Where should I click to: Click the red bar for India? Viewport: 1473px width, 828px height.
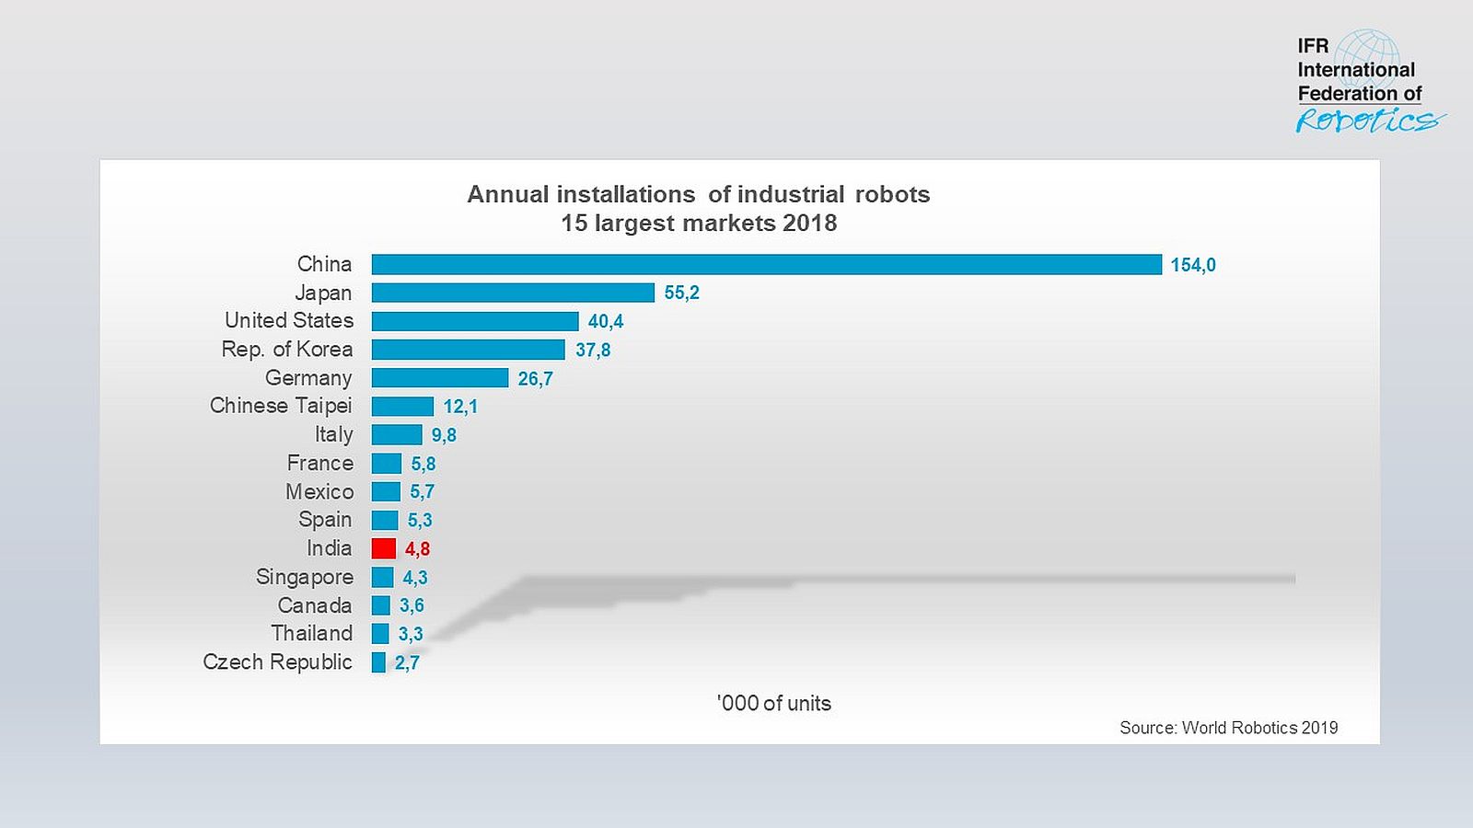[x=384, y=548]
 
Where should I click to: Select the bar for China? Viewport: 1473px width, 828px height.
[x=766, y=265]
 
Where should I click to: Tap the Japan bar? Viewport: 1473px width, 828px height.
[x=513, y=293]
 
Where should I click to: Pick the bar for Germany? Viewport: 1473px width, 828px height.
[x=440, y=378]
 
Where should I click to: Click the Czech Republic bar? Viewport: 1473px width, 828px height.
[x=378, y=662]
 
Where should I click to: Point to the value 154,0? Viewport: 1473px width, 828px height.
[x=1193, y=265]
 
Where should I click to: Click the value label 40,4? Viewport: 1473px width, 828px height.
[x=606, y=321]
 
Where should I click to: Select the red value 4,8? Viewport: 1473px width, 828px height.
[x=417, y=549]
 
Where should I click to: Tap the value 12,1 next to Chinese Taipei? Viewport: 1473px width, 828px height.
[x=460, y=407]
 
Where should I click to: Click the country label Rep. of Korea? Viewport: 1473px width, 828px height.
[x=287, y=350]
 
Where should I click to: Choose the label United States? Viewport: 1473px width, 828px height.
[x=289, y=320]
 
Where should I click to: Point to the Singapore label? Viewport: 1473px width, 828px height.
[x=305, y=577]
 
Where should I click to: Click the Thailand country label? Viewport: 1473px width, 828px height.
[x=312, y=633]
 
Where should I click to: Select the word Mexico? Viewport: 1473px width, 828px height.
[x=319, y=491]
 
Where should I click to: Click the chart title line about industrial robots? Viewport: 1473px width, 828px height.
[x=698, y=194]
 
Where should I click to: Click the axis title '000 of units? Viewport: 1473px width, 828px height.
[x=774, y=703]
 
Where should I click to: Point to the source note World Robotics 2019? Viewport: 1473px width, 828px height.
[x=1228, y=728]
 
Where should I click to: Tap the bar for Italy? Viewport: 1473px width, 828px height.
[x=397, y=434]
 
